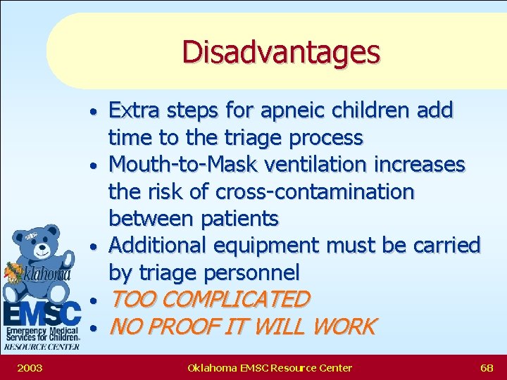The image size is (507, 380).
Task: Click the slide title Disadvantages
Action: pos(280,51)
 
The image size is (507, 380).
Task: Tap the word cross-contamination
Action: pos(315,192)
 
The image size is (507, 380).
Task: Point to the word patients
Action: pos(239,219)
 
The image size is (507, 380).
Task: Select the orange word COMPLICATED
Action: pos(239,300)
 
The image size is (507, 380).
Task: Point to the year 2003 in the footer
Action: pos(29,367)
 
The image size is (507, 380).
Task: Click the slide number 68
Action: pos(487,367)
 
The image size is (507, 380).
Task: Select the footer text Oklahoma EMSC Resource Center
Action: pos(270,367)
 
